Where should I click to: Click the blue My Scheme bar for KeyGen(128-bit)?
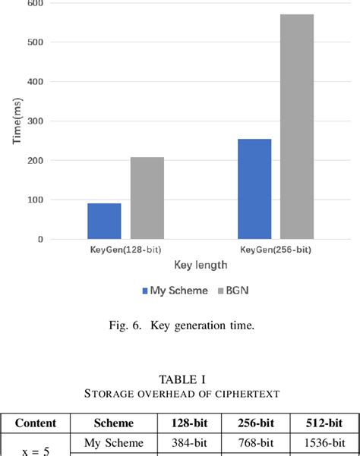(x=104, y=221)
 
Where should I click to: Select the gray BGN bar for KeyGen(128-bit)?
(x=147, y=198)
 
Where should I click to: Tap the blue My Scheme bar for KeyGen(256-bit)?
(x=254, y=189)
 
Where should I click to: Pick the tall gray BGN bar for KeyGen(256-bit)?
(x=297, y=127)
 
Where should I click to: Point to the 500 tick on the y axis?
(x=35, y=42)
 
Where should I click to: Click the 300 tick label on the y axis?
(x=35, y=121)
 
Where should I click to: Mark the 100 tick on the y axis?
(x=35, y=200)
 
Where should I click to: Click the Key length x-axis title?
(x=200, y=266)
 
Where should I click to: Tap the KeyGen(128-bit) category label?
(x=125, y=249)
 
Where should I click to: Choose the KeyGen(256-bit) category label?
(x=275, y=249)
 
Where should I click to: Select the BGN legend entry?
(x=230, y=290)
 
